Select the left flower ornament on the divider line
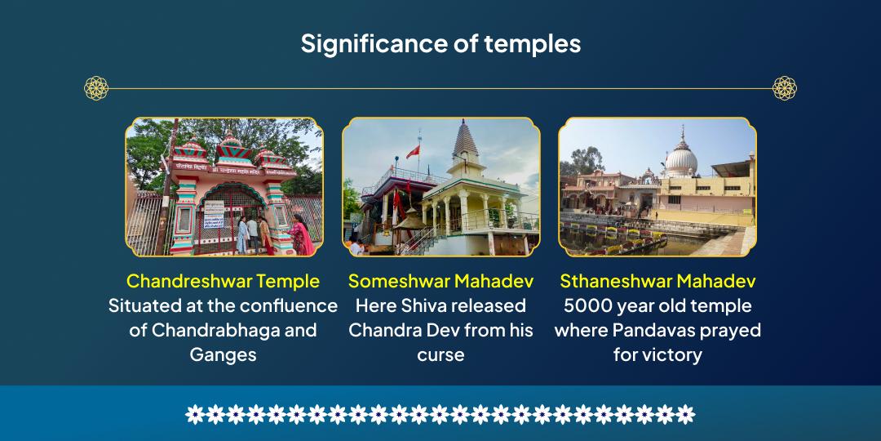(x=96, y=88)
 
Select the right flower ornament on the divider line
(x=784, y=88)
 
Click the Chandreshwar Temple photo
(x=224, y=187)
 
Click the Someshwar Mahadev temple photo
(x=440, y=187)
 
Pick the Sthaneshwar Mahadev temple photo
(x=657, y=187)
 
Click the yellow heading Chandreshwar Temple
(x=223, y=282)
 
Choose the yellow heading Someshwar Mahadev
(x=440, y=282)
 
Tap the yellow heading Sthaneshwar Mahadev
(x=657, y=282)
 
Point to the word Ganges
(x=223, y=355)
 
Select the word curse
(x=440, y=355)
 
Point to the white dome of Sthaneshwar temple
(x=681, y=160)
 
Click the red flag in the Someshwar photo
(x=413, y=152)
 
